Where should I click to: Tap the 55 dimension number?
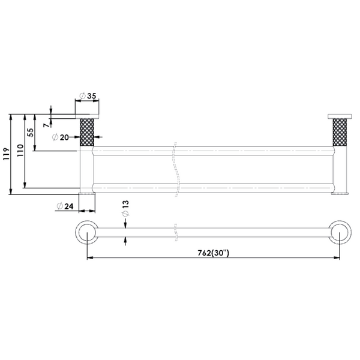31,133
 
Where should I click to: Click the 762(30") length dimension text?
213,253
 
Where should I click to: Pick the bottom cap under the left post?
88,194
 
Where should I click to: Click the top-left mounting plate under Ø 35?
88,116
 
